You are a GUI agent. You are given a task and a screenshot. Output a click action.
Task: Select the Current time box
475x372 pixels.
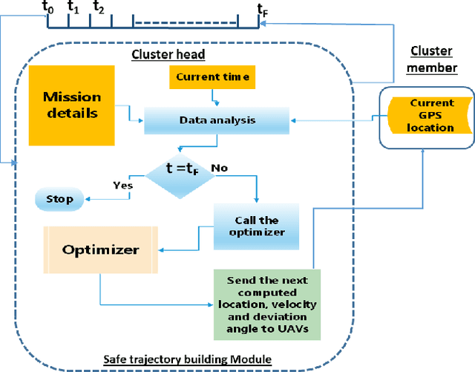point(213,76)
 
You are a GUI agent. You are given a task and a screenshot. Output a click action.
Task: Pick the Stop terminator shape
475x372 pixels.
point(60,199)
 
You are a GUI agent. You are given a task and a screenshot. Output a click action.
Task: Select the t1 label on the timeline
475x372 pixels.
point(73,7)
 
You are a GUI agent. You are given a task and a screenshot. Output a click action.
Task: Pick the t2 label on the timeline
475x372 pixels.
point(99,7)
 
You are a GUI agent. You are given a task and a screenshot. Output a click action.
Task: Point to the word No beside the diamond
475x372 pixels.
point(219,168)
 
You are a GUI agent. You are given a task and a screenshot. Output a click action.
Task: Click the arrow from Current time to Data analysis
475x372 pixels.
point(214,97)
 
